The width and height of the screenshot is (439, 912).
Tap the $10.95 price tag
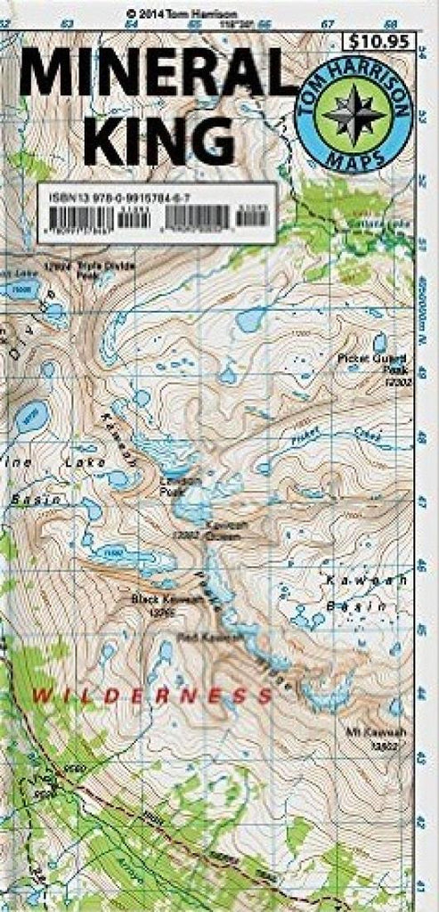[380, 41]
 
